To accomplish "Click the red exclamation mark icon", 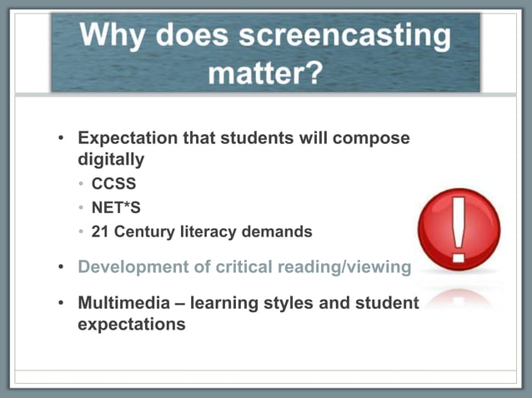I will [459, 228].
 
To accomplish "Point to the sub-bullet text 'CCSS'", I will [113, 184].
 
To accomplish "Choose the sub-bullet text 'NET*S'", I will [117, 207].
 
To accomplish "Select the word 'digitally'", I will [111, 158].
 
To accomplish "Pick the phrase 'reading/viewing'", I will [345, 267].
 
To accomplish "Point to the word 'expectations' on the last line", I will [132, 324].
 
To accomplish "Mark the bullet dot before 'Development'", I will [61, 267].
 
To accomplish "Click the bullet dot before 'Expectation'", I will [61, 138].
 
